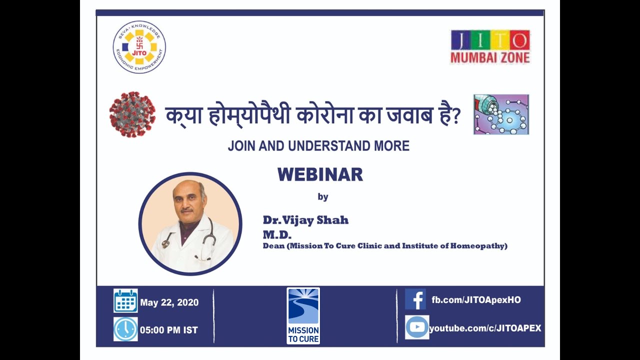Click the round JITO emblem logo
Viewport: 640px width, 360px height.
pos(139,47)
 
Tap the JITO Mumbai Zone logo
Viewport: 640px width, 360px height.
pos(490,46)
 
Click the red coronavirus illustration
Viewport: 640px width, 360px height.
pos(132,114)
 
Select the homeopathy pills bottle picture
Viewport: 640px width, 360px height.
pos(501,114)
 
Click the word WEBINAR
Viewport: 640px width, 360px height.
pos(320,174)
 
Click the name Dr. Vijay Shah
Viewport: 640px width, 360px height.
pos(305,220)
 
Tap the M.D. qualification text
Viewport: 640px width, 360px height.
pos(277,235)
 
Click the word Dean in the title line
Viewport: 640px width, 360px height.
pos(273,245)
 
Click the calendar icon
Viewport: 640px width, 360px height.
pos(125,300)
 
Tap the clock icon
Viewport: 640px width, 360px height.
pos(125,329)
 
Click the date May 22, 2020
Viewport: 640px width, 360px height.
pos(169,302)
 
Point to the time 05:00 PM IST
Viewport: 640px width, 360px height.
pos(169,330)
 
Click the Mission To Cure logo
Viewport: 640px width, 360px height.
pos(303,315)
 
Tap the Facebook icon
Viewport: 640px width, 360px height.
pos(415,299)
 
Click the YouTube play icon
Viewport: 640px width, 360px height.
pos(417,327)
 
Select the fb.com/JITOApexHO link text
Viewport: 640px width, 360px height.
pos(476,300)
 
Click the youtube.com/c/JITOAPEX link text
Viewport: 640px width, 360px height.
pos(485,328)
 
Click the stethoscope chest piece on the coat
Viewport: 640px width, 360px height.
pos(165,243)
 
